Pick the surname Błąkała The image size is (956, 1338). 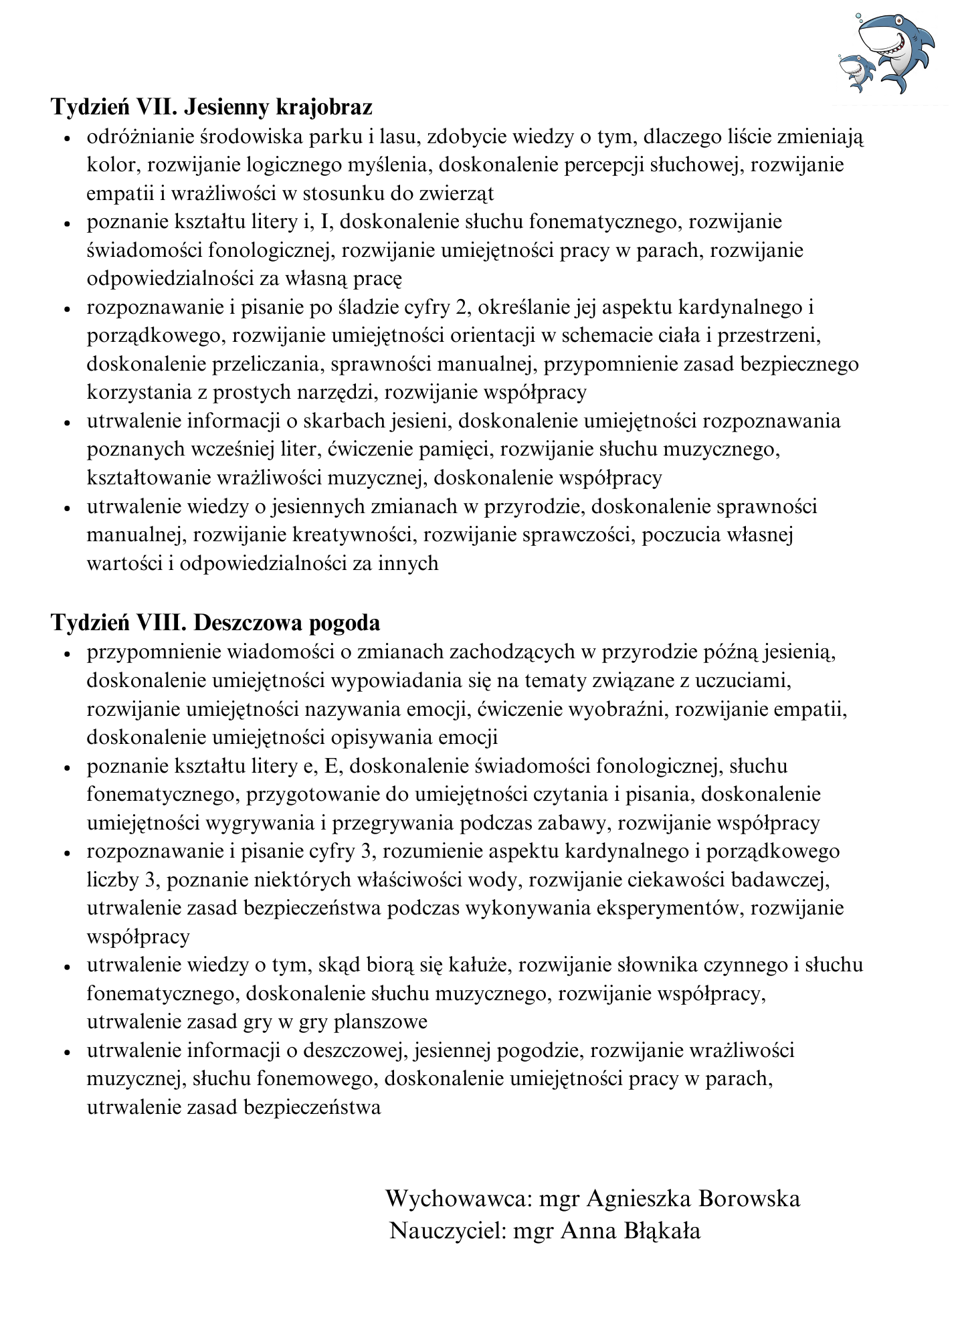[662, 1231]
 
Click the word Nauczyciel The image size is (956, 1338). [447, 1231]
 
